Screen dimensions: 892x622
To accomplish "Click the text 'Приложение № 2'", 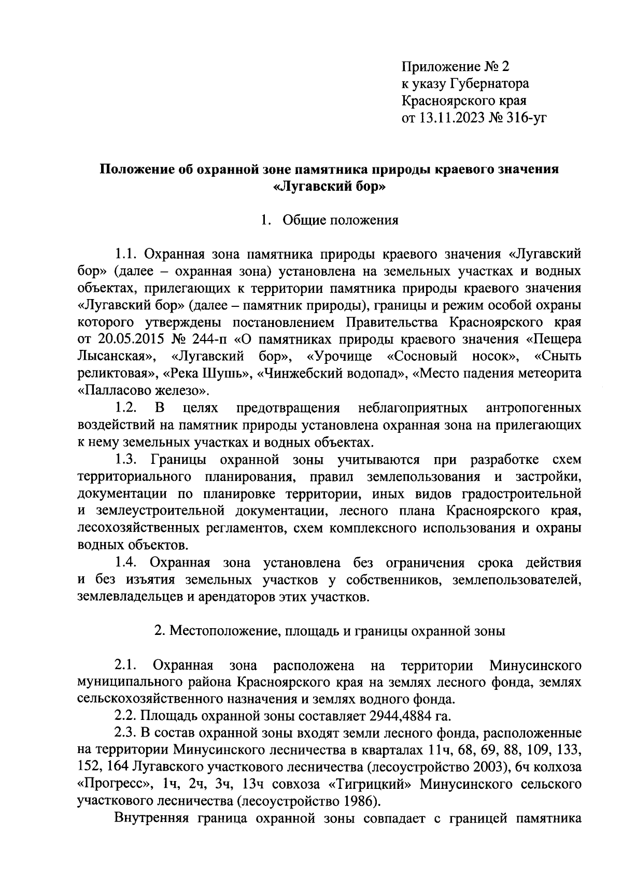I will pyautogui.click(x=456, y=66).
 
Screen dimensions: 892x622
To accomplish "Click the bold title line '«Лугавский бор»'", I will pyautogui.click(x=330, y=187).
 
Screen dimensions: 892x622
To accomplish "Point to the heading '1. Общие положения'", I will pyautogui.click(x=330, y=221).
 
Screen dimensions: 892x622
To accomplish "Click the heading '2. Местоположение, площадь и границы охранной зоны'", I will pyautogui.click(x=330, y=631).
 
